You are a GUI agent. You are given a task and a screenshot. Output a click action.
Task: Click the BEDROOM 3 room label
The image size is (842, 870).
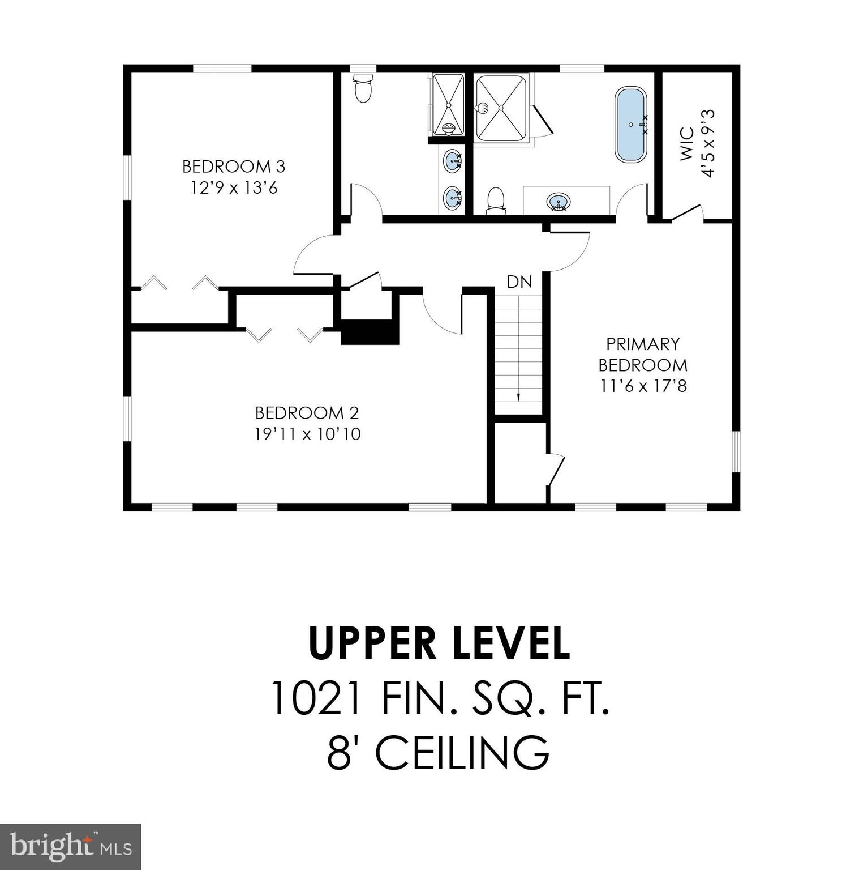pos(233,167)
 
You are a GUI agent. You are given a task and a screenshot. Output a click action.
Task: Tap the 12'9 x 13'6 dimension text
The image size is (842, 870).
pos(233,187)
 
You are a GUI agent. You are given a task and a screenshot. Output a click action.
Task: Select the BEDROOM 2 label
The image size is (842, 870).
pos(307,413)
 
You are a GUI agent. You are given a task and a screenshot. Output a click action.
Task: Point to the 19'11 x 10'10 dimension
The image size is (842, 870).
pos(307,434)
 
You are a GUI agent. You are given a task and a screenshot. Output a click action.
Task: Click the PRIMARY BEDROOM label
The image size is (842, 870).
pos(643,354)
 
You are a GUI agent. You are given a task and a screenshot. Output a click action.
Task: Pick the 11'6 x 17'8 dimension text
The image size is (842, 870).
pos(643,386)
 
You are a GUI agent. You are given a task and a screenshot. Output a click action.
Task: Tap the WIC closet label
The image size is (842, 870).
pos(686,144)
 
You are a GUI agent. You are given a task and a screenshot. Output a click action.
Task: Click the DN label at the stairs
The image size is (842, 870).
pos(519,282)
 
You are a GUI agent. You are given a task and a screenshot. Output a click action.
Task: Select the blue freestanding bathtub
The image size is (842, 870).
pos(630,125)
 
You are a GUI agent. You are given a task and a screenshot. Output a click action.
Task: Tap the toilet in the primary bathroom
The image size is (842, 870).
pos(496,201)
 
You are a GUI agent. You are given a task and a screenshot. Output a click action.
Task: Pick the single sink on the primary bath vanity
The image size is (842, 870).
pos(558,201)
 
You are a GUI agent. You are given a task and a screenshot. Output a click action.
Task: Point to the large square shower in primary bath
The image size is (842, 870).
pos(501,108)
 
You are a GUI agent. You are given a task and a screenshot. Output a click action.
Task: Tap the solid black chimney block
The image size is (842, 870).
pos(370,332)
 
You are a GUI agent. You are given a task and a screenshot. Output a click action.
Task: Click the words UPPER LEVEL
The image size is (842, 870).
pos(439,643)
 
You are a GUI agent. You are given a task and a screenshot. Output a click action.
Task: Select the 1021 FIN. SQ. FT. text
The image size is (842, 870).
pos(439,698)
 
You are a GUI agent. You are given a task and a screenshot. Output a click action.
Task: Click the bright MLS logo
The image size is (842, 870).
pos(70,847)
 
